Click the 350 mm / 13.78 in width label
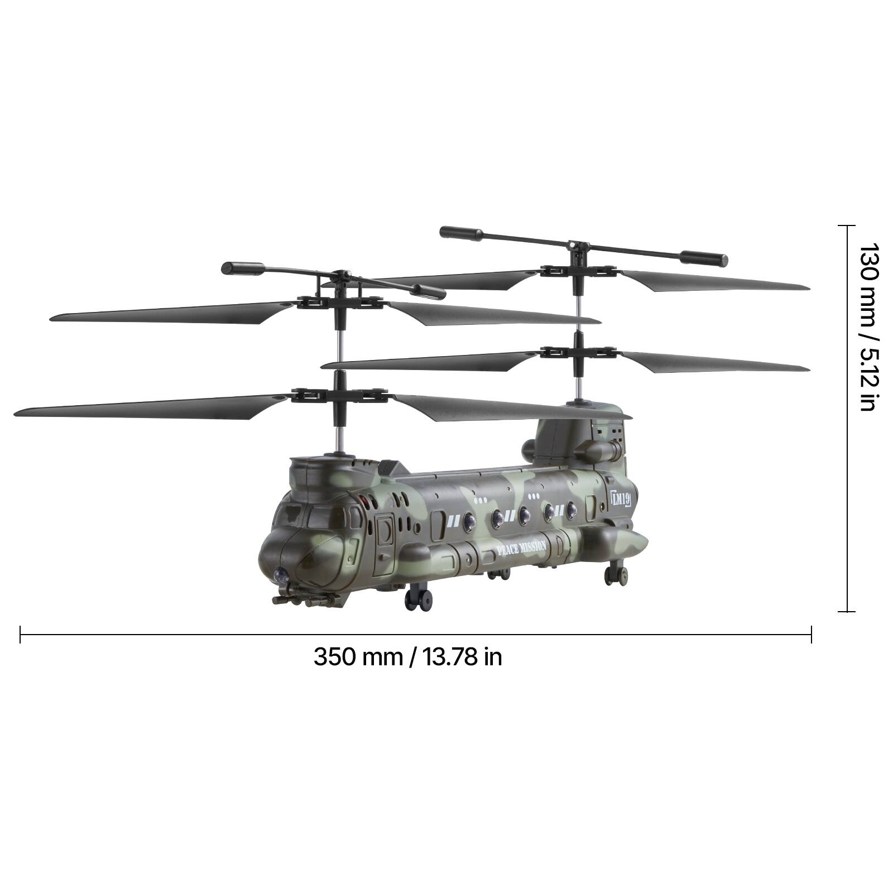click(407, 657)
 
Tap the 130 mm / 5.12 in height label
click(868, 327)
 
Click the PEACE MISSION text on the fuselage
click(521, 548)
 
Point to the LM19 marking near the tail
click(621, 500)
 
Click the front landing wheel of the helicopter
click(419, 598)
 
